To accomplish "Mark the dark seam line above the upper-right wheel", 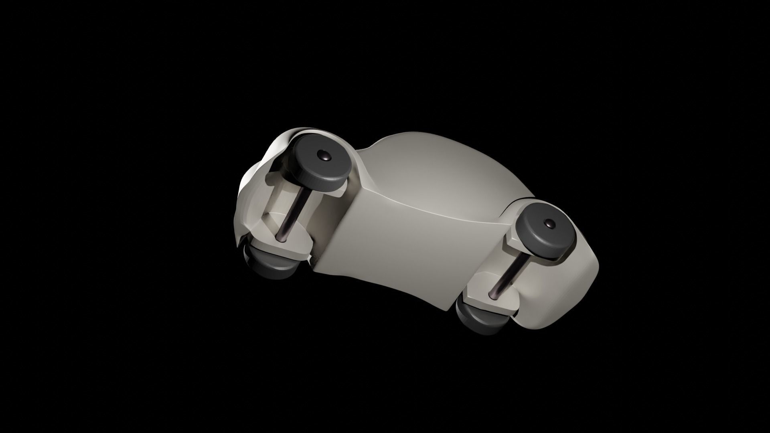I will pyautogui.click(x=521, y=199).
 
